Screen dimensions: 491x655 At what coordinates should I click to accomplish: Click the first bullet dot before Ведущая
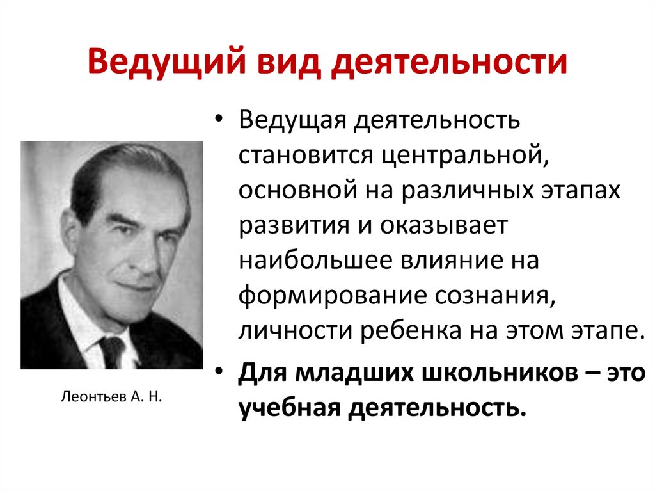coord(219,121)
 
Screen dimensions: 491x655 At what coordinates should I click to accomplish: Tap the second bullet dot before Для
coord(219,374)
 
